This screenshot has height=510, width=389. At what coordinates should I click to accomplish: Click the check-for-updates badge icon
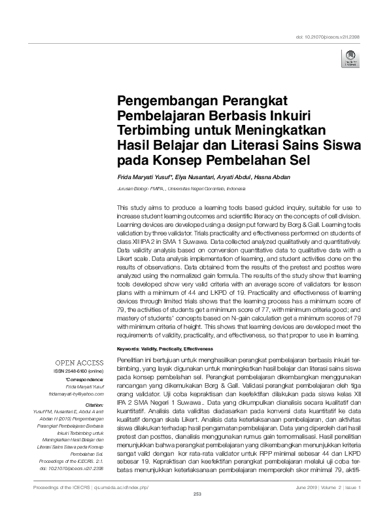[x=350, y=58]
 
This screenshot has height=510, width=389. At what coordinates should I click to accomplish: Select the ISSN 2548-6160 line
[x=79, y=371]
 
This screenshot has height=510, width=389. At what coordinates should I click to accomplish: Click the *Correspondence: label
[x=86, y=379]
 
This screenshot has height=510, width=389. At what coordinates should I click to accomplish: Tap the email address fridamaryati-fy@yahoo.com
[x=76, y=394]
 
